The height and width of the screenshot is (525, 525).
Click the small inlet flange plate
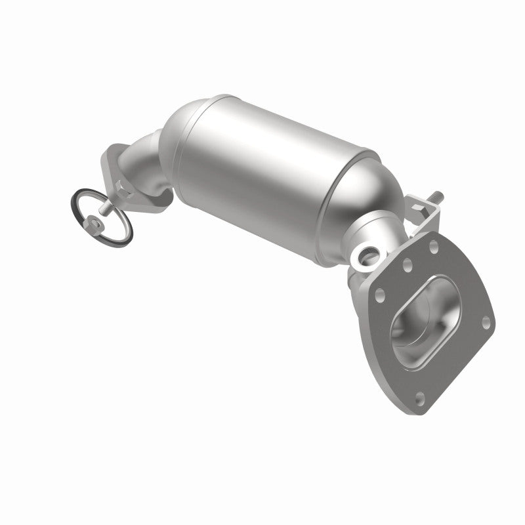click(112, 167)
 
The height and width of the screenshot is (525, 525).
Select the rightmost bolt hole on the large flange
click(486, 321)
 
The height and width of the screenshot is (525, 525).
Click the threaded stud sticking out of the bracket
click(436, 198)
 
